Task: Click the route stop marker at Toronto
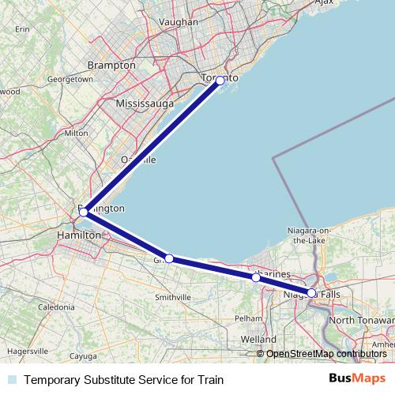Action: tap(220, 81)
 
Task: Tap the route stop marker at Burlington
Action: tap(84, 212)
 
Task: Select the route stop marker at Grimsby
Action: tap(168, 258)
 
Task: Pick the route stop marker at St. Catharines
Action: tap(256, 278)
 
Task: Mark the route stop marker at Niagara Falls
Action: tap(311, 293)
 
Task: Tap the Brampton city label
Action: tap(111, 65)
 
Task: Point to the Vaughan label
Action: tap(179, 22)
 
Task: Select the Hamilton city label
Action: tap(79, 235)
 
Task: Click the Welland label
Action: tap(259, 339)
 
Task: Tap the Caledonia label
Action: tap(55, 306)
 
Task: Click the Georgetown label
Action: tap(70, 80)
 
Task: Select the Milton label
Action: tap(77, 133)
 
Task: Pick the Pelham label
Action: tap(248, 318)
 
